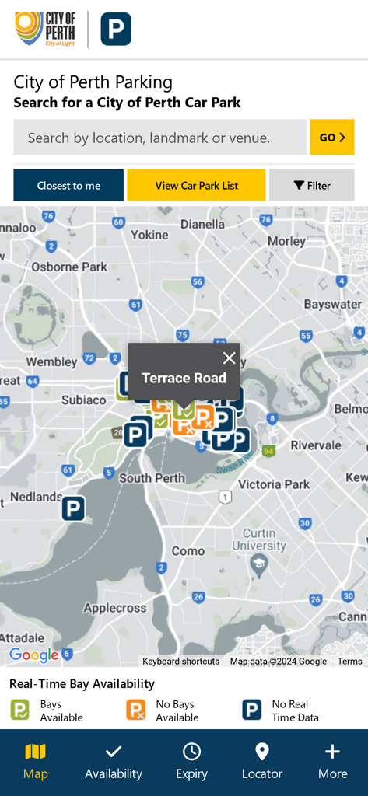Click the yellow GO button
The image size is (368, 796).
[331, 137]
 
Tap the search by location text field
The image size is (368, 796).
[159, 138]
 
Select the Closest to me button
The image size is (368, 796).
[68, 185]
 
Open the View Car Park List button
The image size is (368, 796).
[196, 185]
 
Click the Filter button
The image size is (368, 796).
[311, 185]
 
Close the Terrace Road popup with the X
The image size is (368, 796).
[229, 358]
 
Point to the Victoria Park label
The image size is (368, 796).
[274, 484]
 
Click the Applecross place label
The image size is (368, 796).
[115, 608]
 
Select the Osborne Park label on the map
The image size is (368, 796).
[69, 267]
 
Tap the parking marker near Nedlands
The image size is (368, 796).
[73, 509]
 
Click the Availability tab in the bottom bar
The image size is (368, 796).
[114, 761]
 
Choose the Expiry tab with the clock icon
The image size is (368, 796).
[191, 761]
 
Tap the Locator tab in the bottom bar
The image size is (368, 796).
[262, 761]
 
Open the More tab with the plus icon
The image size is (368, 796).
[332, 761]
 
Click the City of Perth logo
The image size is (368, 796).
[46, 29]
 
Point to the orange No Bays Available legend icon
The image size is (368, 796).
[136, 710]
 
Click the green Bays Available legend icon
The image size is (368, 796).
[19, 710]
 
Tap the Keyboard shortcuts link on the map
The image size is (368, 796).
[180, 661]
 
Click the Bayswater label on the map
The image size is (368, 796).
[332, 304]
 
